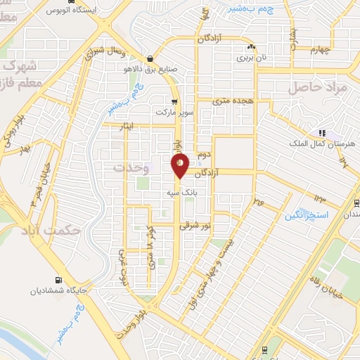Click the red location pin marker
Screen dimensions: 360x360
pyautogui.click(x=180, y=165)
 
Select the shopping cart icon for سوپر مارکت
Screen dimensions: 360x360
pyautogui.click(x=174, y=101)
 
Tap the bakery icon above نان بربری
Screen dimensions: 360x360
pyautogui.click(x=249, y=47)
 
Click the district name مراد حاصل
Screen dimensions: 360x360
pyautogui.click(x=318, y=87)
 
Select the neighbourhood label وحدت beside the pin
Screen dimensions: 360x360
pyautogui.click(x=130, y=167)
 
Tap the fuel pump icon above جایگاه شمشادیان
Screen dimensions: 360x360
pyautogui.click(x=58, y=279)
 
